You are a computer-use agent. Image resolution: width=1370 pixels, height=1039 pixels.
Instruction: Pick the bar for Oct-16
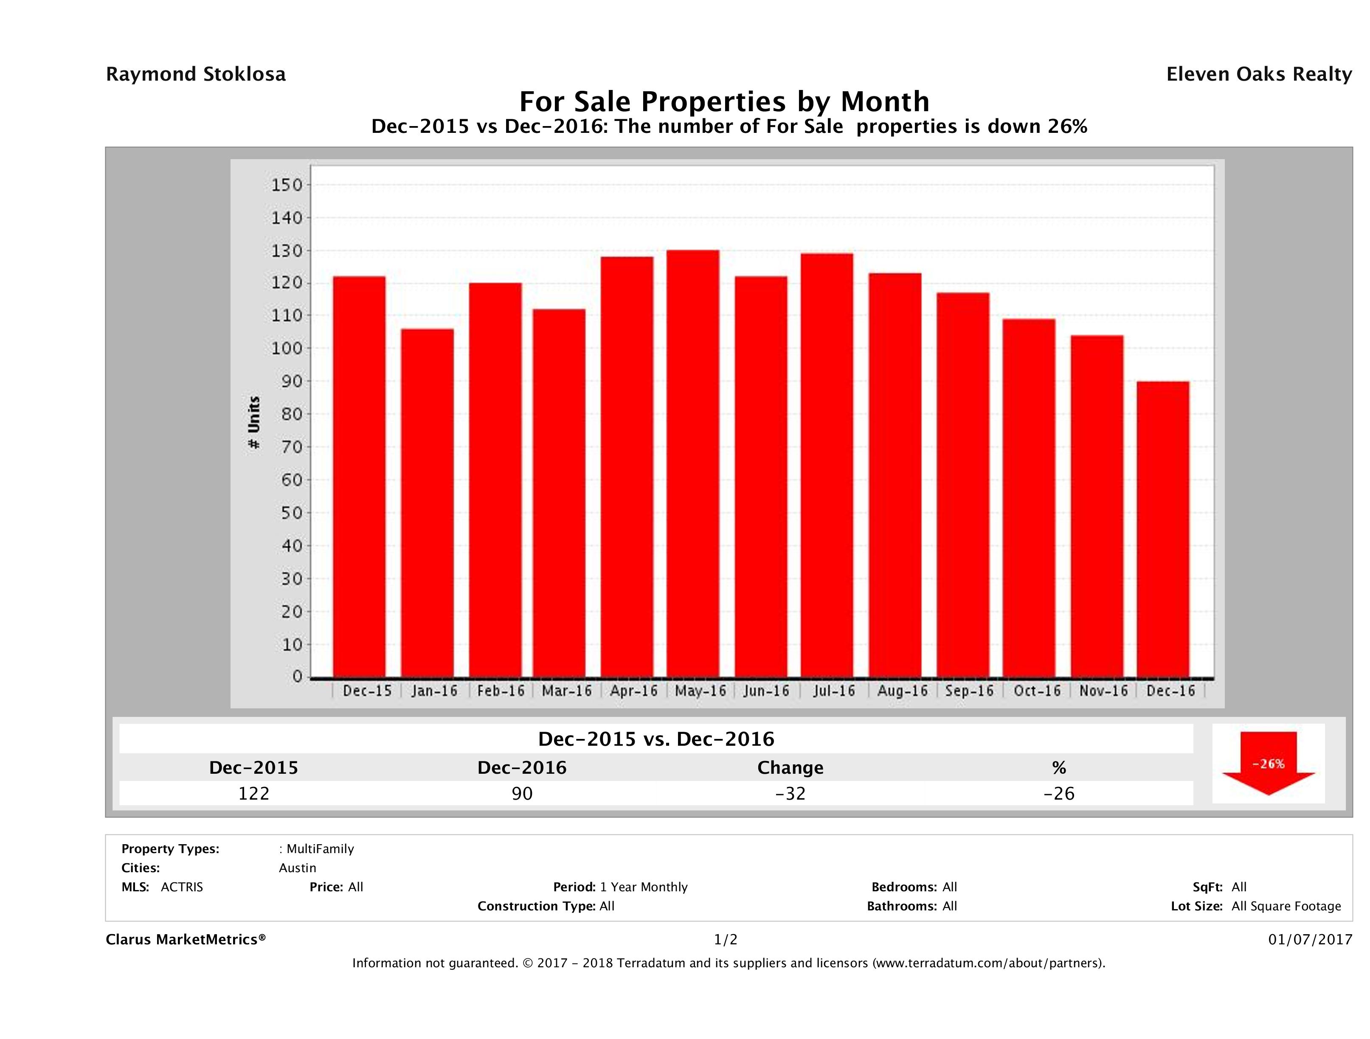click(x=1029, y=498)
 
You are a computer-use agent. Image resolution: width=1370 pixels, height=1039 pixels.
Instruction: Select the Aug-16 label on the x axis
click(x=903, y=691)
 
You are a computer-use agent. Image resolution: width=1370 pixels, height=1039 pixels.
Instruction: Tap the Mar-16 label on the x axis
click(x=567, y=691)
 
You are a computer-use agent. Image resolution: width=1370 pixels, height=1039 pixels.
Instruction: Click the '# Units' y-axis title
click(x=254, y=423)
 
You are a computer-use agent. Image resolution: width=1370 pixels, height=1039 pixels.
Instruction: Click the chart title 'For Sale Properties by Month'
click(x=724, y=101)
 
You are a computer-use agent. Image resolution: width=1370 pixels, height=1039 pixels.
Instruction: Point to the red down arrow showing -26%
click(x=1268, y=762)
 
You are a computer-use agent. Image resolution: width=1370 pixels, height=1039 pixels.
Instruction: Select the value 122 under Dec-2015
click(x=254, y=793)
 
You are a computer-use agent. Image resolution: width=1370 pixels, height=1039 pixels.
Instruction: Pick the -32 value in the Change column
click(x=790, y=793)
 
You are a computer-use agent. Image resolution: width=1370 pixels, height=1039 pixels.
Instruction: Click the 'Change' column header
click(x=790, y=768)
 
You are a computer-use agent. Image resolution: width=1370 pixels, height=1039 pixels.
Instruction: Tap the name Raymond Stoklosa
click(x=196, y=74)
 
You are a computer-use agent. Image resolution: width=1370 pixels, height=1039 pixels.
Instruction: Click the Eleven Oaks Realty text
click(x=1258, y=74)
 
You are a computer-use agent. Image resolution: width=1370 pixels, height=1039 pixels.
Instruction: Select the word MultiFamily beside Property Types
click(x=320, y=849)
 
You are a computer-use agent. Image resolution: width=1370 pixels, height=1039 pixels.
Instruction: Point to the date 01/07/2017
click(x=1310, y=939)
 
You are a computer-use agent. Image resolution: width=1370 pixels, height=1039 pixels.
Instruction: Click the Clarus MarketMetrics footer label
click(x=186, y=939)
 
